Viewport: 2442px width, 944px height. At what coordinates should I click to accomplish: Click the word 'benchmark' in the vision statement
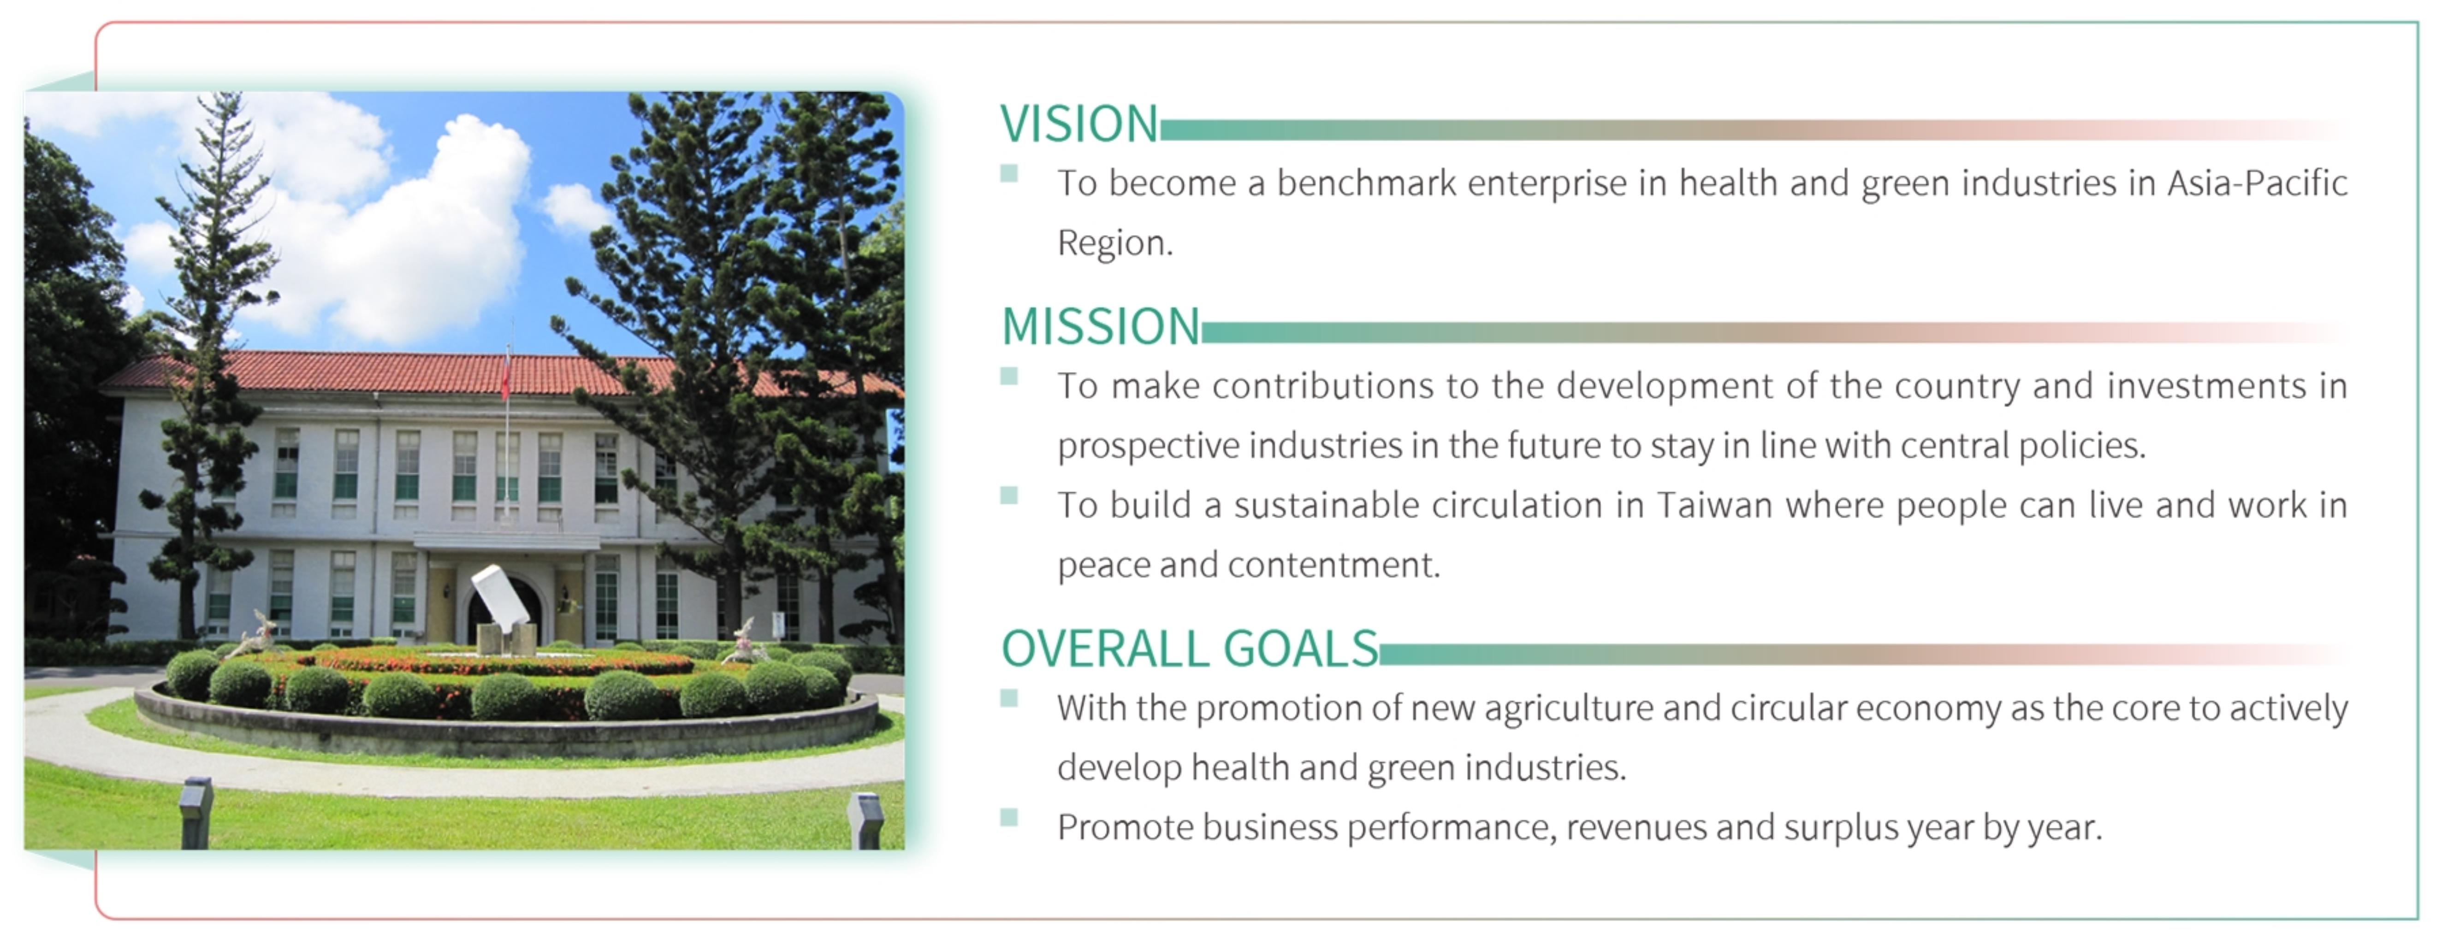tap(1366, 183)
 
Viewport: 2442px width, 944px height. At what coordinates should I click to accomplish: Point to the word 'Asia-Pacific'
tap(2257, 183)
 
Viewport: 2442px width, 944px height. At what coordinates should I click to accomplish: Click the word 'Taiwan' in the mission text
tap(1714, 505)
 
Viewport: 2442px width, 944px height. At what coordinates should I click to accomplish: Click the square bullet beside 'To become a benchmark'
tap(1010, 173)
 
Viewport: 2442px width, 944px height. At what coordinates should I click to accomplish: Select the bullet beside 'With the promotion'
tap(1010, 698)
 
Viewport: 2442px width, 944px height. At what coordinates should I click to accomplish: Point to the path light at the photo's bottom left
tap(196, 813)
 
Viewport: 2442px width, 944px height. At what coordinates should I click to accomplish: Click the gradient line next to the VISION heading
tap(1754, 130)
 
